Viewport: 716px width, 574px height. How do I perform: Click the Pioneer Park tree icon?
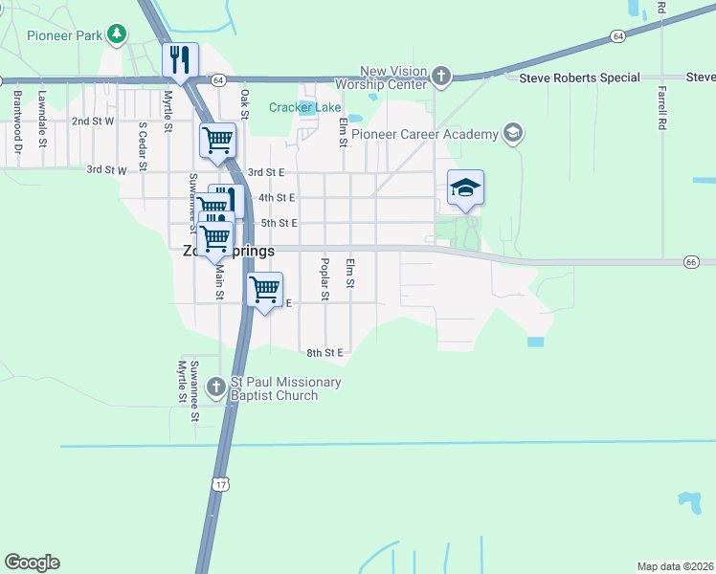(x=117, y=35)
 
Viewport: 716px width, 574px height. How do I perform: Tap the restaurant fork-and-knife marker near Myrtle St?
(x=180, y=60)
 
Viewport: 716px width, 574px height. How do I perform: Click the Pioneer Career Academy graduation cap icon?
(x=513, y=134)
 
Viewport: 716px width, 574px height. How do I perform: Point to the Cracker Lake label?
(x=304, y=107)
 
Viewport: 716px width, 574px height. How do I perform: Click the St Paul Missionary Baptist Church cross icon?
(x=216, y=386)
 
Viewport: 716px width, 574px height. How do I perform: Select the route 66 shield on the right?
(x=691, y=261)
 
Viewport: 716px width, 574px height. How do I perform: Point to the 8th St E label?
(x=324, y=353)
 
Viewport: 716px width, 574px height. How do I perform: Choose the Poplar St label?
(x=324, y=279)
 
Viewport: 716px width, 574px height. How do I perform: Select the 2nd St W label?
(x=93, y=121)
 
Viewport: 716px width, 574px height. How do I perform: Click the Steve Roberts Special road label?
(x=579, y=77)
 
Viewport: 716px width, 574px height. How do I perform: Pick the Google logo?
(x=32, y=563)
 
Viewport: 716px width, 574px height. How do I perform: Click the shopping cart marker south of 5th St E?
(x=265, y=288)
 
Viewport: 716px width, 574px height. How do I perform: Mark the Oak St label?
(x=245, y=99)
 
